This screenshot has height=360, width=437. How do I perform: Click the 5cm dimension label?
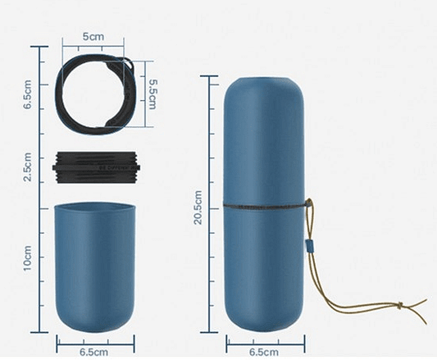point(93,37)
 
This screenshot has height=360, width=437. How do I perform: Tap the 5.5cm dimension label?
point(153,94)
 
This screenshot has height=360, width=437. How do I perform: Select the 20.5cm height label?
point(198,207)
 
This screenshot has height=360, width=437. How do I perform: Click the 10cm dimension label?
point(28,258)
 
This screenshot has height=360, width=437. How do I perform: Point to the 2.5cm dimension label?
point(28,166)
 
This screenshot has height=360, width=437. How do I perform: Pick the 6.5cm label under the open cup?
point(94,352)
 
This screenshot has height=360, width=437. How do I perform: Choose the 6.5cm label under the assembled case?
point(264,352)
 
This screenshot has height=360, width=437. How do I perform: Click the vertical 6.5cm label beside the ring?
point(28,94)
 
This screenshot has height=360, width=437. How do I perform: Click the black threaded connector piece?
point(96,167)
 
